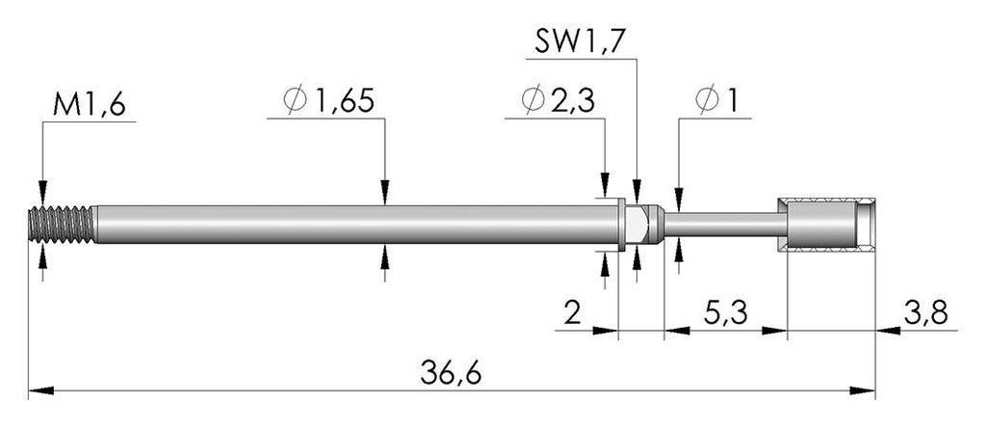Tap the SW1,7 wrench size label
(x=581, y=41)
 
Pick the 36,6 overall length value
(x=451, y=374)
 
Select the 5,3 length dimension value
(x=725, y=313)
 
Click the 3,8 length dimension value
(x=925, y=313)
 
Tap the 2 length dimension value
(x=572, y=313)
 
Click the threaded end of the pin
(x=62, y=224)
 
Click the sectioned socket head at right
(x=826, y=224)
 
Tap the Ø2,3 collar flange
(x=621, y=225)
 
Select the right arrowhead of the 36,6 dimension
(x=863, y=390)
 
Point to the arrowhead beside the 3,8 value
(x=888, y=330)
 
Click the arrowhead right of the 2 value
(x=606, y=330)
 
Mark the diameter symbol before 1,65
(x=295, y=100)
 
